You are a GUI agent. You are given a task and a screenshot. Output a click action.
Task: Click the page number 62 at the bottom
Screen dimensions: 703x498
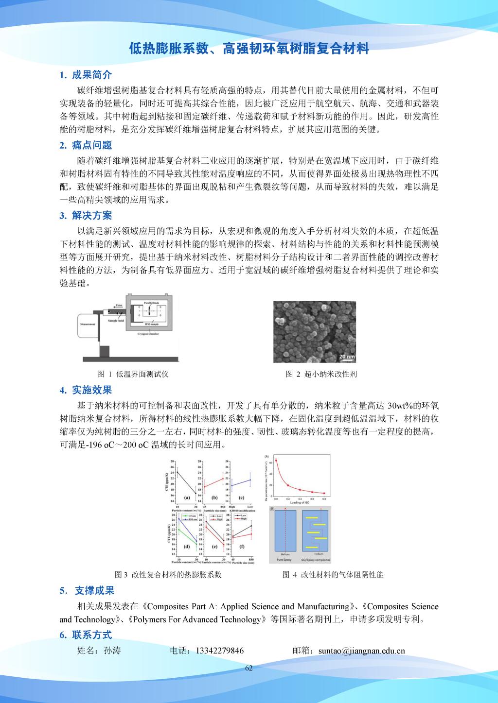click(x=249, y=668)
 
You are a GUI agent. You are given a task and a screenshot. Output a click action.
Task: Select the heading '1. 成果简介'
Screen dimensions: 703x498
click(x=86, y=75)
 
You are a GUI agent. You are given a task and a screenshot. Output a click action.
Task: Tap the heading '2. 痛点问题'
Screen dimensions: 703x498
click(x=86, y=145)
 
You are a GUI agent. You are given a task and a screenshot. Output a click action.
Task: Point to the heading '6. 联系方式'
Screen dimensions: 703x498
click(x=86, y=634)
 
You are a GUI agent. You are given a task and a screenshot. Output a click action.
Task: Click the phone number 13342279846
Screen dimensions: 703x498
click(x=220, y=651)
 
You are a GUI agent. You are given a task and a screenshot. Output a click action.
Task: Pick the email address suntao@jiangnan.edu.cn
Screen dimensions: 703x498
click(x=361, y=651)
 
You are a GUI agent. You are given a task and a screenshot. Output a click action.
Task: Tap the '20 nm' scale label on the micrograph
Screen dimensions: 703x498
click(x=347, y=357)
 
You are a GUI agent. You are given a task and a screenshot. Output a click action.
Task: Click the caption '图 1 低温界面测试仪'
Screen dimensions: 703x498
click(x=133, y=374)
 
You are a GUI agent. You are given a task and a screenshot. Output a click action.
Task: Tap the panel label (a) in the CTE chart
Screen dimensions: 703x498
click(x=186, y=497)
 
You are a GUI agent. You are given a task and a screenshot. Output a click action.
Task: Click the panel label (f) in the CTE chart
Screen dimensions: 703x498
click(x=241, y=547)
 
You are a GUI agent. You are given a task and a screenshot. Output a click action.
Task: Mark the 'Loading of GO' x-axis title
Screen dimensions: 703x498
click(x=301, y=503)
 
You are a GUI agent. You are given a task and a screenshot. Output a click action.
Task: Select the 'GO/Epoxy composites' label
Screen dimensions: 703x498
click(x=319, y=560)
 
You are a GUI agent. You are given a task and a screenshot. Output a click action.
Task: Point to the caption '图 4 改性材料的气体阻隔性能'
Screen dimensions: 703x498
click(x=333, y=575)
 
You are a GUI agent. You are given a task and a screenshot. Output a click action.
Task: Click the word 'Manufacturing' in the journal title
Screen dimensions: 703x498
click(x=323, y=606)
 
